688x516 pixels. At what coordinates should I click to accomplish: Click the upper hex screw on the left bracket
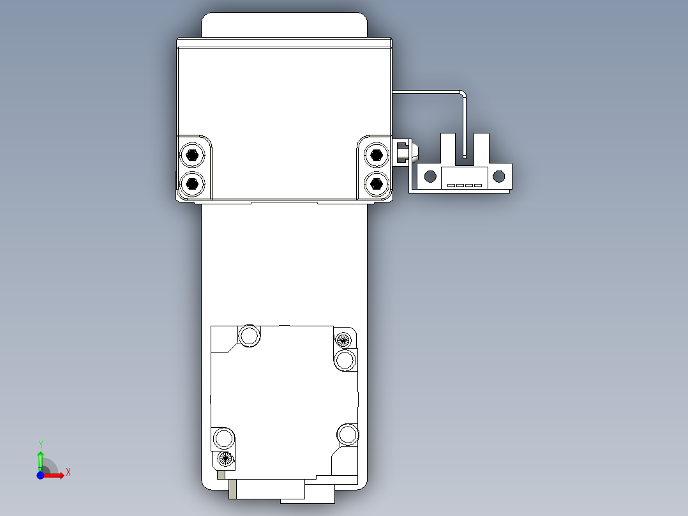click(x=192, y=155)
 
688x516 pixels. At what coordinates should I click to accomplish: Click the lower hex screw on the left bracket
click(x=192, y=184)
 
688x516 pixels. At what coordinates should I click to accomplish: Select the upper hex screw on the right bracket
click(x=377, y=155)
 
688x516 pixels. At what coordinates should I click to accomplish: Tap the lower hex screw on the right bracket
click(x=377, y=184)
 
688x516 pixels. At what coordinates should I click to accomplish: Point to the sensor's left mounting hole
click(x=431, y=176)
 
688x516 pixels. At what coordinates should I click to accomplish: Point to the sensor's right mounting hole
click(x=499, y=176)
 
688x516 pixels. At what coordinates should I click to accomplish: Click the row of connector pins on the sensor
click(x=465, y=186)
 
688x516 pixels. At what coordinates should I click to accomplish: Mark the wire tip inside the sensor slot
click(x=465, y=155)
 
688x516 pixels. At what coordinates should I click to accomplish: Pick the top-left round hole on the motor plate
click(x=249, y=335)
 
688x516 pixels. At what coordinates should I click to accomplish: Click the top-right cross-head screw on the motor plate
click(x=344, y=340)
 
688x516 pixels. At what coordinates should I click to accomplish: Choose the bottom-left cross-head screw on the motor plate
click(x=224, y=457)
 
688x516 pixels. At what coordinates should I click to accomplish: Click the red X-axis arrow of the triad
click(x=56, y=476)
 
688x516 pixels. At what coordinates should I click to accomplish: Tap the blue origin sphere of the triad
click(x=40, y=476)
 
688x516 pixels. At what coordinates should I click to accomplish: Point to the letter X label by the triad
click(x=68, y=472)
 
